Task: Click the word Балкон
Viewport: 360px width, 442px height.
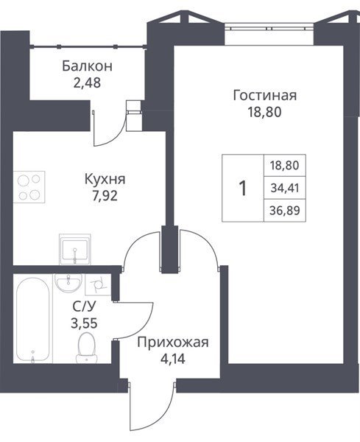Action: coord(87,66)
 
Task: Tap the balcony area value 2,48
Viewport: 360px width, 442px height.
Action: coord(87,83)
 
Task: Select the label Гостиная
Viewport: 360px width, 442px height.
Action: coord(265,95)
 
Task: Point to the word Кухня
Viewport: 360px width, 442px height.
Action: coord(105,179)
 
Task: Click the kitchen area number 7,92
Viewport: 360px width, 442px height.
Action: coord(105,196)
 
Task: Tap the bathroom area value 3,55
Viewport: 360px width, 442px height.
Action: coord(84,323)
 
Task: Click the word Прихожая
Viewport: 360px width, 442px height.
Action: coord(173,343)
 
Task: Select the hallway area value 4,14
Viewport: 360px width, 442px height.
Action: coord(173,359)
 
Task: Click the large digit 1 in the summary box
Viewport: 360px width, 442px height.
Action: coord(242,189)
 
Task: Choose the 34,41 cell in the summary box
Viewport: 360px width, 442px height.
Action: coord(285,188)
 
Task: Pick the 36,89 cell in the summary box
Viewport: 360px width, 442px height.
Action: coord(285,210)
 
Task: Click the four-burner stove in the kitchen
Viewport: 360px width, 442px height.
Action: coord(29,187)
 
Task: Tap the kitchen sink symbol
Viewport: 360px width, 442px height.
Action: coord(75,250)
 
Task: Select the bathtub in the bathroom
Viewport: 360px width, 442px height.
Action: coord(32,320)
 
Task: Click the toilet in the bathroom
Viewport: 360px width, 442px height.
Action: coord(86,347)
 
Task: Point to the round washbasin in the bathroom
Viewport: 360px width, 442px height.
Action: coord(68,283)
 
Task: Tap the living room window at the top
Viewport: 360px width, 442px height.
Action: coord(269,28)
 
